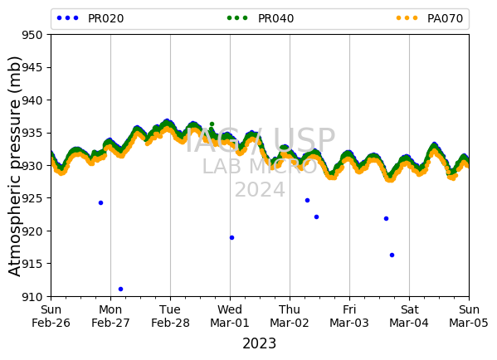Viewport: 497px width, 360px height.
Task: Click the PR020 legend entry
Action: tap(90, 18)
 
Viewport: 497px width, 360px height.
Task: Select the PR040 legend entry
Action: tap(261, 18)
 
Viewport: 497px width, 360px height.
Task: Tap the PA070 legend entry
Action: tap(430, 18)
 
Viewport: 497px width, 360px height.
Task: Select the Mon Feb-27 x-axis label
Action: tap(110, 316)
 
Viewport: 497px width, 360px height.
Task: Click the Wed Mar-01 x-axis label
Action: tap(230, 316)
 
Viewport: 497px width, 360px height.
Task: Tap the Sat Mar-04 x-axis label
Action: tap(409, 316)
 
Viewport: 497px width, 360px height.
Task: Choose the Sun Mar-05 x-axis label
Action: tap(469, 316)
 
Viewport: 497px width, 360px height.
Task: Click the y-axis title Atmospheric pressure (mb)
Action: tap(14, 167)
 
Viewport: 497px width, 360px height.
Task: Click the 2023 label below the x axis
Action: tap(260, 343)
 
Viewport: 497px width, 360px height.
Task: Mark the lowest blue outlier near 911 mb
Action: tap(121, 289)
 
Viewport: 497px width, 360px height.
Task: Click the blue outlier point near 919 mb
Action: tap(232, 238)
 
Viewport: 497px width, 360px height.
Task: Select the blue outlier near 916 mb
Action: tap(392, 255)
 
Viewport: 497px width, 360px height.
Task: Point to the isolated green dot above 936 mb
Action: tap(212, 124)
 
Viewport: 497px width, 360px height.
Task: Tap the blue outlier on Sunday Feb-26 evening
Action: tap(100, 203)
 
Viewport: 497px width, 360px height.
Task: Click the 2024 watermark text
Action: tap(260, 190)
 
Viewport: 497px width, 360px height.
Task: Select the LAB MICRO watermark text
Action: tap(260, 166)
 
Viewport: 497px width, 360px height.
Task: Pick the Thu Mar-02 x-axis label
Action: tap(290, 316)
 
